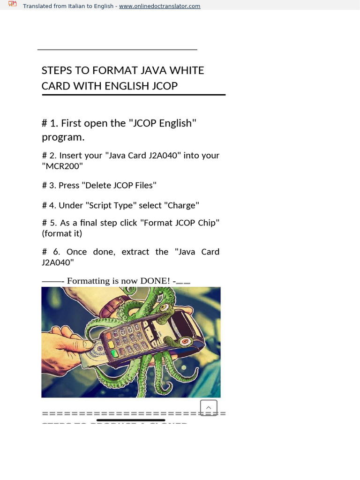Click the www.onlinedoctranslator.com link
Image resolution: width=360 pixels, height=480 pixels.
(x=159, y=6)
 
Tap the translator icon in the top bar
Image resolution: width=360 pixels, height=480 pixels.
(x=13, y=4)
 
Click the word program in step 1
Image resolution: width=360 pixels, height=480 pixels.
(x=62, y=137)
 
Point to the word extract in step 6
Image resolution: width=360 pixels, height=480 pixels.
(x=135, y=252)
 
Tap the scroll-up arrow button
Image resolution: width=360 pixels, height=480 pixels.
(x=209, y=408)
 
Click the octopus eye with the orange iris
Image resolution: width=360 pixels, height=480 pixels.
(x=185, y=341)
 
